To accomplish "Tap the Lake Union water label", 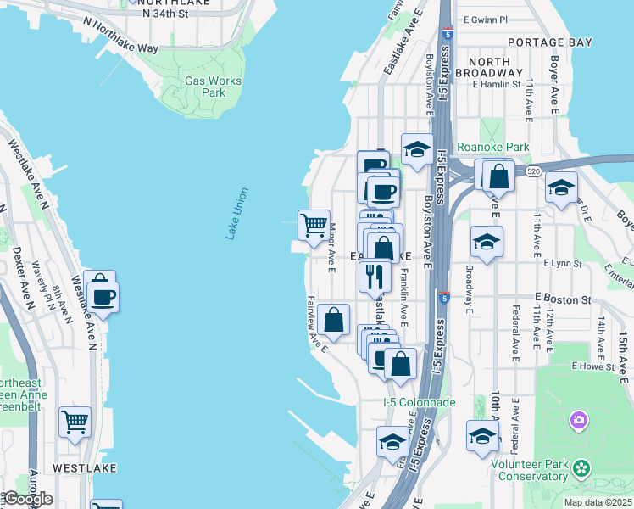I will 237,213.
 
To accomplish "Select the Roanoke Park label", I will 492,147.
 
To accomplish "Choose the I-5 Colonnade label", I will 419,402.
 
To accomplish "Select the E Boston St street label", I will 563,299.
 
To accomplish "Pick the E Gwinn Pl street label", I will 485,19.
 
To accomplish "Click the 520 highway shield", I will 532,171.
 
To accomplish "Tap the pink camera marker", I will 579,420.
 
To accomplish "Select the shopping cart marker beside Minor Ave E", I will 314,226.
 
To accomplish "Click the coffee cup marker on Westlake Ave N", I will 103,297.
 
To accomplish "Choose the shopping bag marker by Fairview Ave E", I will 335,320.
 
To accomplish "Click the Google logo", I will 27,499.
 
